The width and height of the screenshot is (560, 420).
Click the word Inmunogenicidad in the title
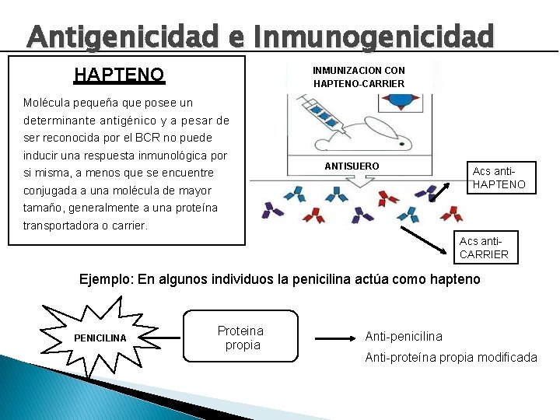pos(373,36)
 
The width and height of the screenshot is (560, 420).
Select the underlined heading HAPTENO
pos(119,75)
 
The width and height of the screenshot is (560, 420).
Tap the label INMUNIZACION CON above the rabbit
pos(359,70)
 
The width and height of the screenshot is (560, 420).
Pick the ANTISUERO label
pos(352,166)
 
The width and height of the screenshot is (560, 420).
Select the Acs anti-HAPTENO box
pos(499,177)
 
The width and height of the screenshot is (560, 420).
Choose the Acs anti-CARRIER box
pos(484,247)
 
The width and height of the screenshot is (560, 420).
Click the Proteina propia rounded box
pos(241,337)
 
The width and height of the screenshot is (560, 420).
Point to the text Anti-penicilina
pos(404,336)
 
